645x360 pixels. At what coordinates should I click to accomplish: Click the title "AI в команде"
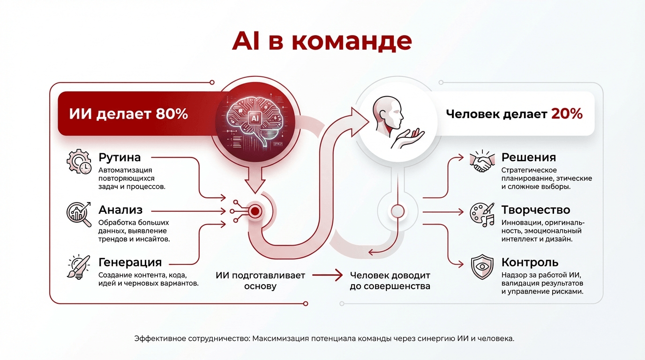[322, 41]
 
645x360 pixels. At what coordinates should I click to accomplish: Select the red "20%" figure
[567, 113]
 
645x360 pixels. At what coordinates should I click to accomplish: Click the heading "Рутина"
[120, 157]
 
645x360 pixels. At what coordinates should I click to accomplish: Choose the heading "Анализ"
[120, 210]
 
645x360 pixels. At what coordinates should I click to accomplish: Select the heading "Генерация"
[130, 262]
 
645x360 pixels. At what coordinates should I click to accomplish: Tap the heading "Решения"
[529, 157]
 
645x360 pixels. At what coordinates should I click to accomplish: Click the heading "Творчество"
[536, 210]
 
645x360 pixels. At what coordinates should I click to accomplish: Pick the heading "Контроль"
[530, 262]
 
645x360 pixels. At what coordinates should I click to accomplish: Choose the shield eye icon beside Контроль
[482, 267]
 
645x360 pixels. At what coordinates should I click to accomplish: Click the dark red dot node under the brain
[255, 211]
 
